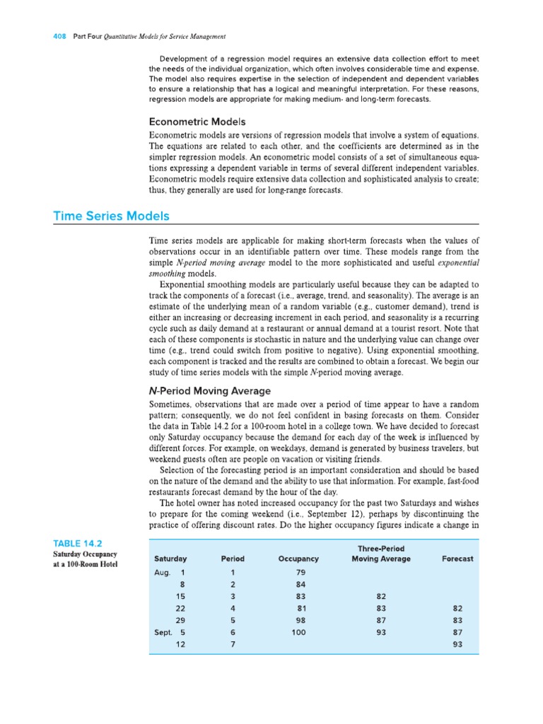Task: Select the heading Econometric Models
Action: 197,122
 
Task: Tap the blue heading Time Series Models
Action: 111,216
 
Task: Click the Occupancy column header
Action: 298,559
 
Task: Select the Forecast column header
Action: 457,559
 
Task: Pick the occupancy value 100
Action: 298,632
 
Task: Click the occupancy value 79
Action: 300,572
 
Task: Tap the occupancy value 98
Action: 300,620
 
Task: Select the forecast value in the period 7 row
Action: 457,645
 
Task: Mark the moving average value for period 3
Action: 381,596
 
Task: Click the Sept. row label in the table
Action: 164,632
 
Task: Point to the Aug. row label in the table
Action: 163,572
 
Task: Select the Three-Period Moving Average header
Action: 381,553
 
